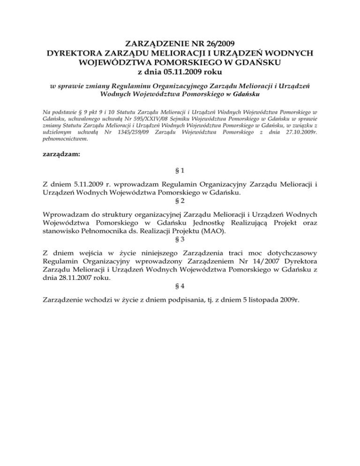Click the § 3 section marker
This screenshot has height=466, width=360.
click(180, 237)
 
